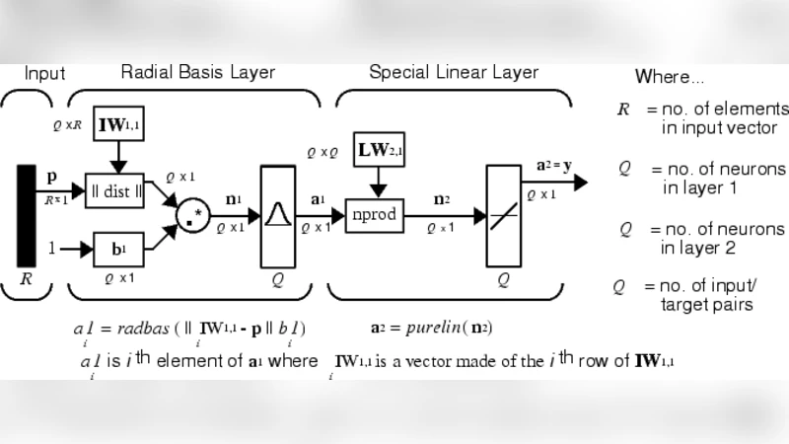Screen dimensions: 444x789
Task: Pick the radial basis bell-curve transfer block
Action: point(277,216)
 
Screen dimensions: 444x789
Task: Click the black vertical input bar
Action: point(27,216)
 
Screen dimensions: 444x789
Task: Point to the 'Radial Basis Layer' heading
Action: point(197,73)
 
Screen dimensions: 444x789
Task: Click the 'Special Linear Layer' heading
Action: point(453,73)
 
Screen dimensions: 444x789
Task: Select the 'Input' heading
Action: point(44,74)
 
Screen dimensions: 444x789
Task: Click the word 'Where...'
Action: point(670,76)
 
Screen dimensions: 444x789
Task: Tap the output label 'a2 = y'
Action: point(553,165)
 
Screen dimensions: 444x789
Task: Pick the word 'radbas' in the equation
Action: point(145,329)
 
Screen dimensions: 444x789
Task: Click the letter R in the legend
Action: point(623,110)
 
